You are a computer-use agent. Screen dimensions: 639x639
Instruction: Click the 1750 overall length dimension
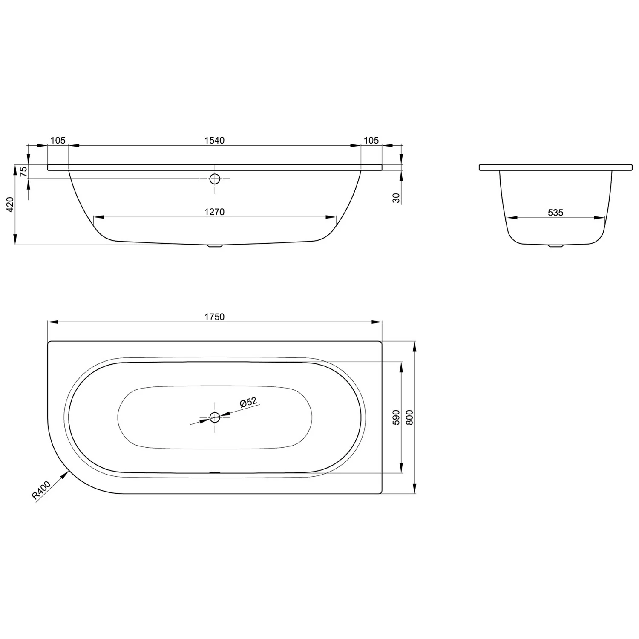214,317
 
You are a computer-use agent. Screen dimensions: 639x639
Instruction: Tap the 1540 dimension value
214,140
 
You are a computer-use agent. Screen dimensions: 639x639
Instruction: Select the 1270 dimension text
214,212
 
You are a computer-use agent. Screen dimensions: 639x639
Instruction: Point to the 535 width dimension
556,212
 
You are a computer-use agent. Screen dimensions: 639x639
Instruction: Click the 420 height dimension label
11,204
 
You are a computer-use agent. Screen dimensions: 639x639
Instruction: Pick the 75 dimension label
24,171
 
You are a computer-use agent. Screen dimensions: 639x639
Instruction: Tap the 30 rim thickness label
397,198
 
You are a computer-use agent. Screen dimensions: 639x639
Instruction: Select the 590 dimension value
396,417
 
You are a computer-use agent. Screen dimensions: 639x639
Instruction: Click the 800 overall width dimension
410,417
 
